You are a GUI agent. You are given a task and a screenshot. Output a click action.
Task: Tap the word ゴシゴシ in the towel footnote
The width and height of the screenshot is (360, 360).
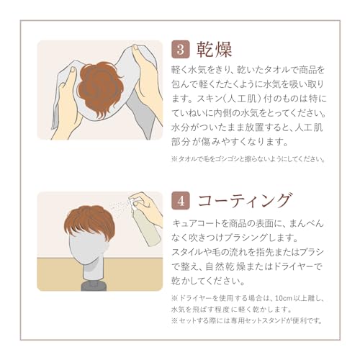(x=232, y=159)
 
